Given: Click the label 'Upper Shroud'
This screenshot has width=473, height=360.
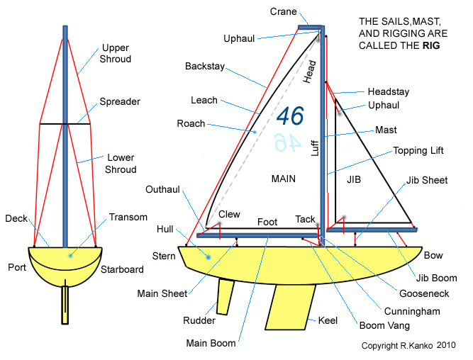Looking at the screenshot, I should [x=116, y=53].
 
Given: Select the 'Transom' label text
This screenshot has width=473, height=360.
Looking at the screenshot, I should [x=128, y=217].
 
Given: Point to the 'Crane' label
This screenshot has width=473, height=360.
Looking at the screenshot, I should [x=284, y=12].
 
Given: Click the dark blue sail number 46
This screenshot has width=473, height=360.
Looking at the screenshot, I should [x=290, y=116].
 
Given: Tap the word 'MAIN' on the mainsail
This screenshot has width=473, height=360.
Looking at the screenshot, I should [x=284, y=179].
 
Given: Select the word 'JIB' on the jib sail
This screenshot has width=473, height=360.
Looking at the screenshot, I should [x=354, y=180].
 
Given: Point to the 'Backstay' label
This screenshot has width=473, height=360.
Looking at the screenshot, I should [x=204, y=66].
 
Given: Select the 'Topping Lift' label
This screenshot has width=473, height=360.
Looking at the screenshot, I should [x=418, y=151].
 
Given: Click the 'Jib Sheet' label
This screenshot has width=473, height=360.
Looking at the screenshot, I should [x=428, y=181].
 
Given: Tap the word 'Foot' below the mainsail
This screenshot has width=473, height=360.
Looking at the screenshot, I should [x=267, y=222].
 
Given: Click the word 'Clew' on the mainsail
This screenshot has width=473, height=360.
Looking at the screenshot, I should [x=229, y=214].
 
